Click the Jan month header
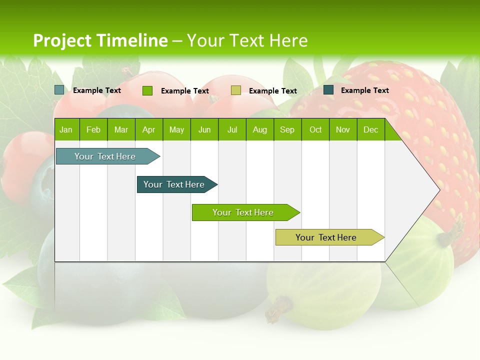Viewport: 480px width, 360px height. click(x=66, y=130)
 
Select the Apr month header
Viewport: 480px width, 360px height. click(x=148, y=130)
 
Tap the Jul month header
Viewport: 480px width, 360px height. click(x=232, y=130)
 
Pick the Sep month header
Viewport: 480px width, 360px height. click(x=287, y=130)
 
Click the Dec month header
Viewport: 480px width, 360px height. click(x=370, y=130)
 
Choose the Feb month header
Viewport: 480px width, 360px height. click(x=93, y=130)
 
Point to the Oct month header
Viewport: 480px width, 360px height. click(x=315, y=130)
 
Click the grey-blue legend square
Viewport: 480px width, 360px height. click(x=59, y=90)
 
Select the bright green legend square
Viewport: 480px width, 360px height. click(x=147, y=90)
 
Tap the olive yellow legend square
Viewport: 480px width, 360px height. click(x=236, y=90)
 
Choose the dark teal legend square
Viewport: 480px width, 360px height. click(x=328, y=90)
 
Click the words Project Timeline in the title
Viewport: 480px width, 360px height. click(x=100, y=40)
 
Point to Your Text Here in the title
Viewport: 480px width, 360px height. click(x=247, y=40)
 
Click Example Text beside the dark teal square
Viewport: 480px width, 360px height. click(x=364, y=90)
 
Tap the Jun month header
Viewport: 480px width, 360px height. click(x=204, y=130)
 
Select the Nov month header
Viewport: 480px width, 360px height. click(x=343, y=130)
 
